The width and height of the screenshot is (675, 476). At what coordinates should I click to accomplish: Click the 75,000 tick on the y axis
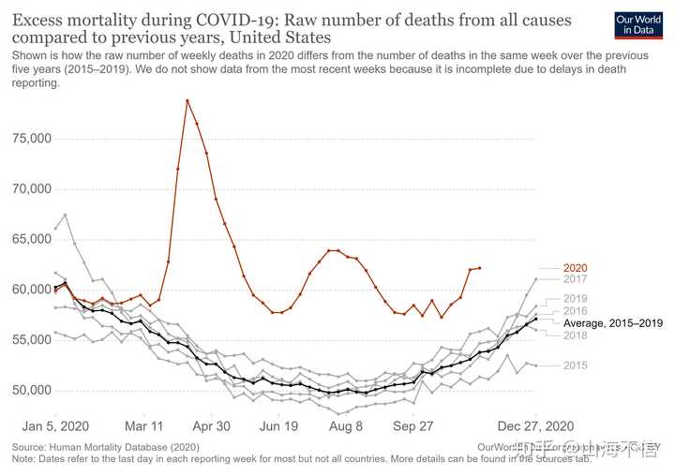point(29,139)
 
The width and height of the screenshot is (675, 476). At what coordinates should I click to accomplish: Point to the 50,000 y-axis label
point(29,390)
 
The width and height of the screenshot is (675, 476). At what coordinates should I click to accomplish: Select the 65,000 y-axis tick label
point(29,239)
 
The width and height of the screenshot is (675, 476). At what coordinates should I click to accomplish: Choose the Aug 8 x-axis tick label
point(345,424)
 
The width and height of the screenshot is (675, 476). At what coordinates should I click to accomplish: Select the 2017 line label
point(575,279)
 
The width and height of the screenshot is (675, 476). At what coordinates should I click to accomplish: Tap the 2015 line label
point(575,365)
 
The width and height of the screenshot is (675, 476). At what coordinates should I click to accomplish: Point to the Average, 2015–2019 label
point(613,323)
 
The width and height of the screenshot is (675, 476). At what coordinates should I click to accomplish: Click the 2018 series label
point(575,335)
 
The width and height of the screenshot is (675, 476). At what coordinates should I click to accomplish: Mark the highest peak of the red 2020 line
point(187,100)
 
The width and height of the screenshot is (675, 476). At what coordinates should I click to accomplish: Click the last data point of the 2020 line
point(479,268)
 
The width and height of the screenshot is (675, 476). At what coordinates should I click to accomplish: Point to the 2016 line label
point(575,311)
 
